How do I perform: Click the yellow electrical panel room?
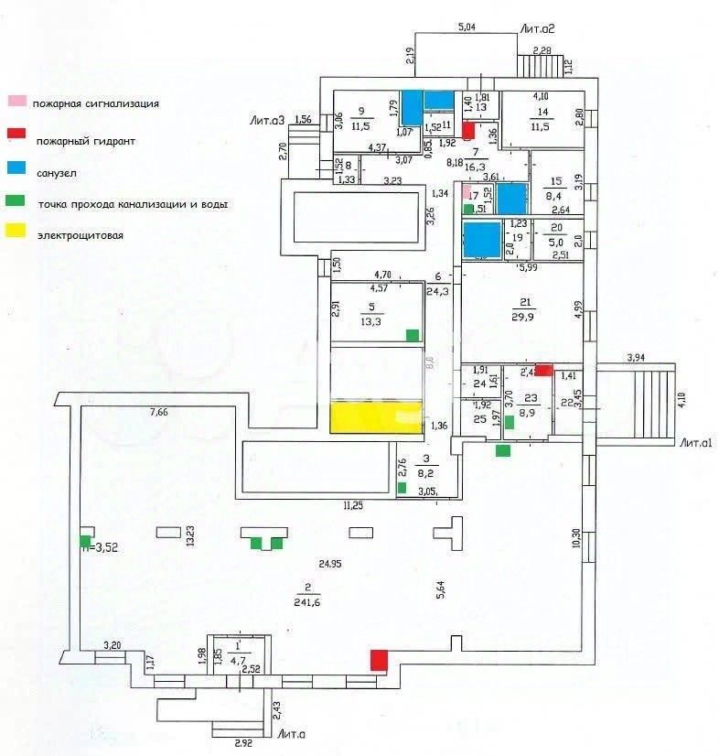click(x=376, y=416)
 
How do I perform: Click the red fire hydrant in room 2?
click(x=378, y=659)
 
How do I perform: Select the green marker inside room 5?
click(x=413, y=334)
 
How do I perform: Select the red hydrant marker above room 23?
click(x=543, y=370)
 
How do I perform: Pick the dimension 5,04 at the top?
click(x=467, y=27)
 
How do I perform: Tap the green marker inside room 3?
click(x=402, y=487)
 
